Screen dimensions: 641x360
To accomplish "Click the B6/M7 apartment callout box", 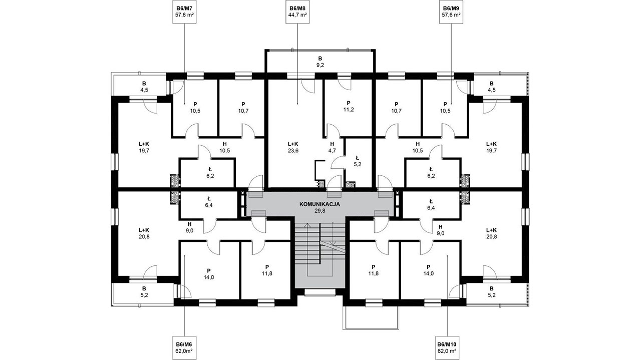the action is (184, 12).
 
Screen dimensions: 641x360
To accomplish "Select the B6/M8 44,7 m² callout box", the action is (297, 12).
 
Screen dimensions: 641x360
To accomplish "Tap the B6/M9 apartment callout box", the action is (451, 12).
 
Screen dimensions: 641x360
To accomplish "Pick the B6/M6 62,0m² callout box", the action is (184, 347).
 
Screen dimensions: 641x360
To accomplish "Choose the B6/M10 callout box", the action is (447, 347).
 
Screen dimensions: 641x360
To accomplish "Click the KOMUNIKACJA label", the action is (319, 204).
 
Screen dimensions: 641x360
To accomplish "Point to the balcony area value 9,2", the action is (320, 65).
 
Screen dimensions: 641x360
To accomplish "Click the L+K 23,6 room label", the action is (293, 147).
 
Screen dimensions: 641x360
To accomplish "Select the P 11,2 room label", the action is (348, 106).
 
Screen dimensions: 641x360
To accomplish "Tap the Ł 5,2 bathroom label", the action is (357, 161).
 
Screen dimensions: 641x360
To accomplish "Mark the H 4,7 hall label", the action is (332, 147).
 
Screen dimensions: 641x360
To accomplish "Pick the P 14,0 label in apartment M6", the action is (209, 274).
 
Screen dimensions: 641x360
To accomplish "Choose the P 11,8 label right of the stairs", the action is (373, 270).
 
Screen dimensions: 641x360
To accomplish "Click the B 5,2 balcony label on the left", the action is (144, 291).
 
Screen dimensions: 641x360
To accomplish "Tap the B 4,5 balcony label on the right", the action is (492, 87).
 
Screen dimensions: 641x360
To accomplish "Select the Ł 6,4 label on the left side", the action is (209, 202).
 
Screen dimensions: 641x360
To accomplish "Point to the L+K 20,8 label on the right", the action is (492, 233).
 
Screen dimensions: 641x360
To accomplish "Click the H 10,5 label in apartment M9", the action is (418, 147).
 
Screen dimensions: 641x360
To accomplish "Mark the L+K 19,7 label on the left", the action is (144, 147).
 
